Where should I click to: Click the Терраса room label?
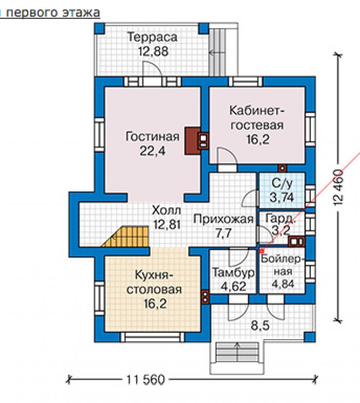point(153,37)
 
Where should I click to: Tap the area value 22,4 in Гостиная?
point(153,150)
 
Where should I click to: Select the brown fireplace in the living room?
point(193,141)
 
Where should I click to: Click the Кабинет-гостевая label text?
point(257,118)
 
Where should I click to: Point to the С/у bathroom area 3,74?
point(282,198)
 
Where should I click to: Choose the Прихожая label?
point(224,219)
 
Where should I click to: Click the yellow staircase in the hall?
point(126,237)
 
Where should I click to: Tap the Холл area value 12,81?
point(167,224)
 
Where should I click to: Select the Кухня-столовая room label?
point(154,282)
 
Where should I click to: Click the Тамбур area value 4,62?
point(234,286)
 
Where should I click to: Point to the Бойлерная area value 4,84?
point(283,284)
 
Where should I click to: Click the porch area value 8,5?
point(260,326)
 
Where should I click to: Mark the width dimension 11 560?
point(145,379)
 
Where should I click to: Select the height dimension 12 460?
point(339,187)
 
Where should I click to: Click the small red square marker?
point(261,251)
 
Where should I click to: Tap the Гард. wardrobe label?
point(280,219)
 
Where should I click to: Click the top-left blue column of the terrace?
point(99,28)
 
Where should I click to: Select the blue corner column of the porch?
point(310,337)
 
